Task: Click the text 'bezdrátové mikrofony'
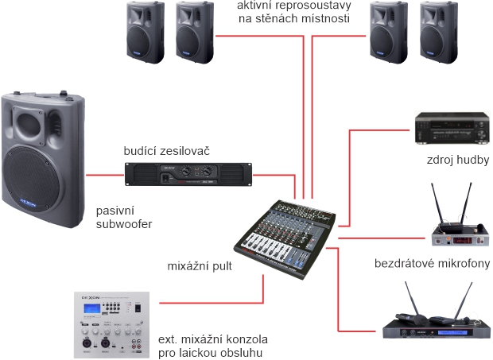pyautogui.click(x=432, y=264)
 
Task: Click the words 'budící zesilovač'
pyautogui.click(x=166, y=151)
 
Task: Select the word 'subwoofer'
pyautogui.click(x=123, y=224)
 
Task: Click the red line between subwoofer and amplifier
pyautogui.click(x=103, y=174)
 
